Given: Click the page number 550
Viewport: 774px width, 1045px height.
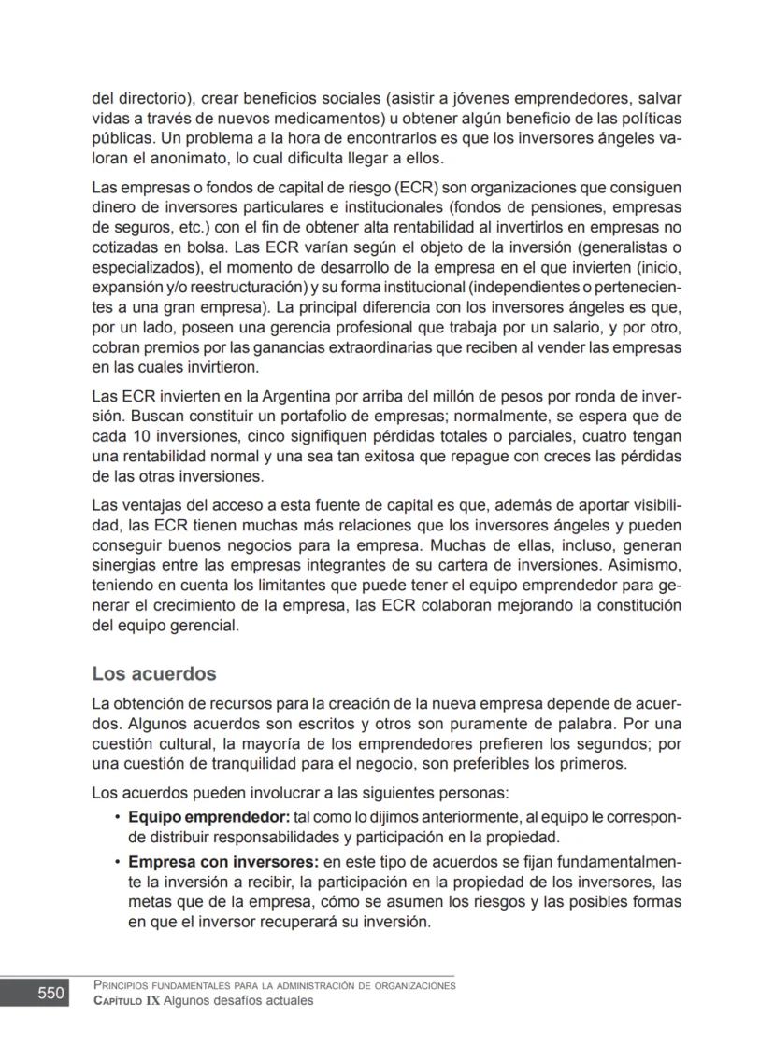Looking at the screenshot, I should click(51, 994).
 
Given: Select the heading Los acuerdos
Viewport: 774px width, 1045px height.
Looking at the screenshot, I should click(154, 673).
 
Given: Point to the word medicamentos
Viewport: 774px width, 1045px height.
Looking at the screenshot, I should click(323, 119).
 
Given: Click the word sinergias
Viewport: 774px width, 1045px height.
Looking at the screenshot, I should click(124, 564).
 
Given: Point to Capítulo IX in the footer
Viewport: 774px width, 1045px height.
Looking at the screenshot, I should click(121, 1001).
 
